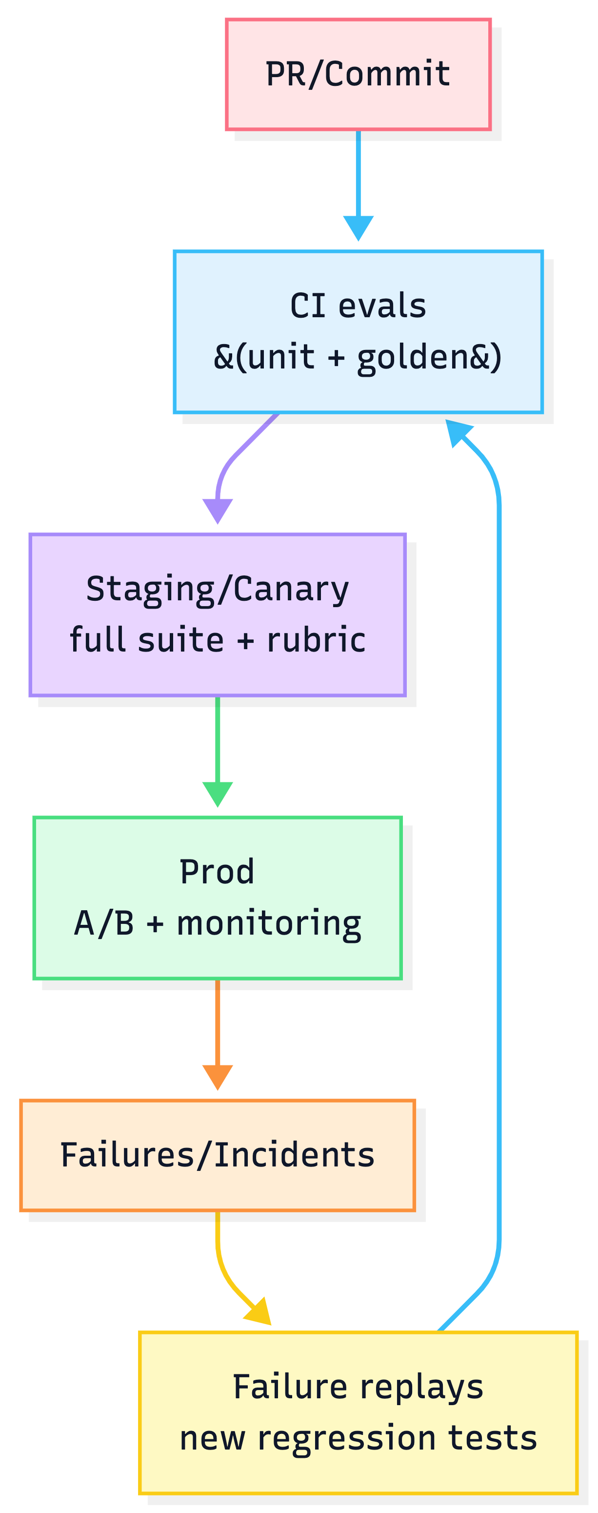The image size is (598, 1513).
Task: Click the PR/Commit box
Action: [x=358, y=74]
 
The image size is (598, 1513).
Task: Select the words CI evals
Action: [x=358, y=306]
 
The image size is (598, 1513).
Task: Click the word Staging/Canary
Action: [x=217, y=589]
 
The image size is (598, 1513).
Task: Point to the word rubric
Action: [x=316, y=640]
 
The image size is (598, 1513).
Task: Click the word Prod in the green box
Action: [x=217, y=872]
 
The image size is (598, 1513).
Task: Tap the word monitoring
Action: [x=269, y=923]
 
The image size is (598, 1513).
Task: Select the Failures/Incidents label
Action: [x=217, y=1155]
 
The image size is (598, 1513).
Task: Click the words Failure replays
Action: [x=358, y=1387]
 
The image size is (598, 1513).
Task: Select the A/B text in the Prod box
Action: [x=104, y=923]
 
